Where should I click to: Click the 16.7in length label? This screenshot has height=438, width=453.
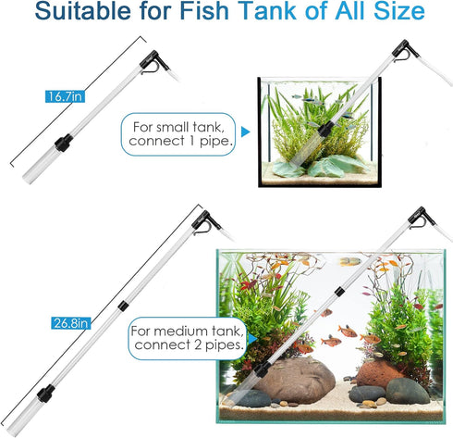pyautogui.click(x=61, y=96)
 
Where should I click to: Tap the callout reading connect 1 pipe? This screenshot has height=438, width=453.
pyautogui.click(x=178, y=140)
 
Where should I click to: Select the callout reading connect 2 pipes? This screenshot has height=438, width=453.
pyautogui.click(x=187, y=344)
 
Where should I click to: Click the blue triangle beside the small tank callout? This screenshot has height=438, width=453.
pyautogui.click(x=245, y=131)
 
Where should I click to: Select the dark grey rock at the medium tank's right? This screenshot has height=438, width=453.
pyautogui.click(x=408, y=390)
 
